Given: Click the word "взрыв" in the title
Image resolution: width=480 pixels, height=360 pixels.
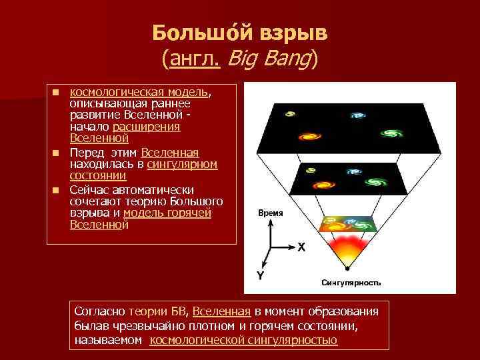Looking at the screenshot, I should pos(295,32).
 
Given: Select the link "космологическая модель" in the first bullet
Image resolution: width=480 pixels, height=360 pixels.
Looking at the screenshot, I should pos(139,91).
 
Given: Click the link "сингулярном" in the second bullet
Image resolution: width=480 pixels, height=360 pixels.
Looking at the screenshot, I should pos(182,163).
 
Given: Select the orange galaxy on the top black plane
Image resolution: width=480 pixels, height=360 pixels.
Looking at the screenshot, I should pos(310,138).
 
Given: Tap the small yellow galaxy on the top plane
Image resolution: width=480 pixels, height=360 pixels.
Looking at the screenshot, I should pos(290,114).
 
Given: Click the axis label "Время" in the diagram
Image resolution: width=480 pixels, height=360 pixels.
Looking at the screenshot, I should pos(270,213).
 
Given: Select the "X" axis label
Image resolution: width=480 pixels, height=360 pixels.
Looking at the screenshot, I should pos(301,247).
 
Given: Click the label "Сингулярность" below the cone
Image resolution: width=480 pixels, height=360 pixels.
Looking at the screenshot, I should pos(351,282).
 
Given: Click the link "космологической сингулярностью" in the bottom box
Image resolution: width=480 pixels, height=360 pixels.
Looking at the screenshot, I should pos(243,340).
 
